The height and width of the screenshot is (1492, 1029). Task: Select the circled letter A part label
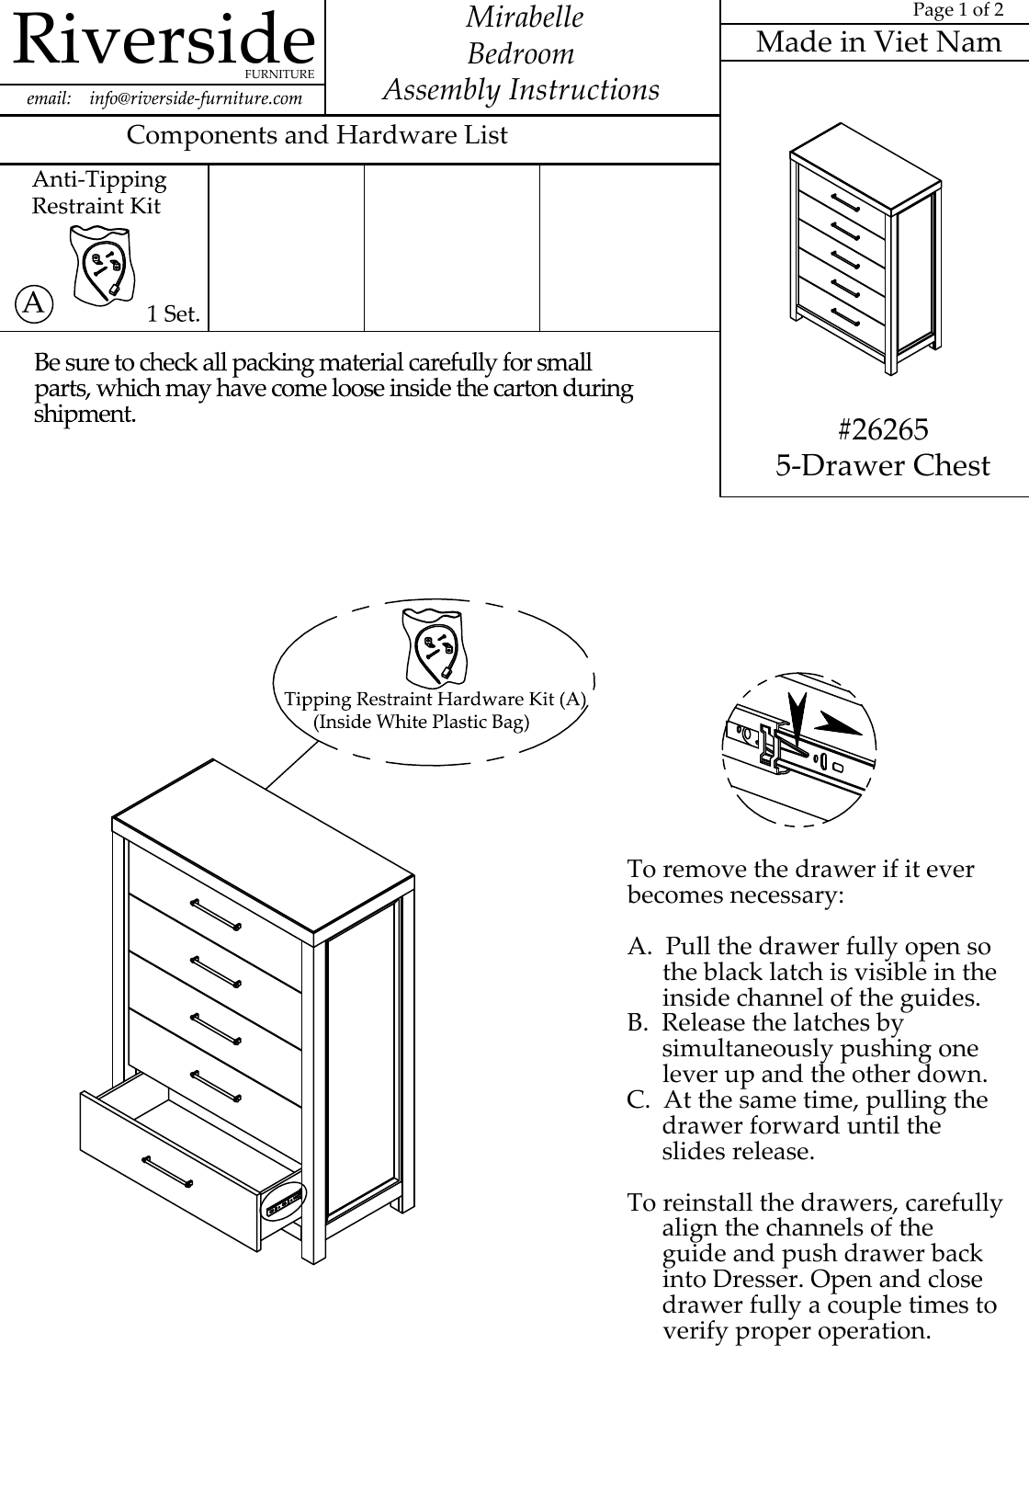click(x=34, y=302)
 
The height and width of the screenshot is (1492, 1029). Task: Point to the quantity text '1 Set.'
click(x=174, y=313)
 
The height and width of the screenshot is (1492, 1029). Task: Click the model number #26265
click(x=883, y=429)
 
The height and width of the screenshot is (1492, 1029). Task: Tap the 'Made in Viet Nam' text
click(x=878, y=42)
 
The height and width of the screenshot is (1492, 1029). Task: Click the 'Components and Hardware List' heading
click(x=317, y=135)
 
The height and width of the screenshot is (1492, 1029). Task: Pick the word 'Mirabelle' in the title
click(x=525, y=17)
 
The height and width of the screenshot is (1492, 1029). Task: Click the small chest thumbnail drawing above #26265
click(x=865, y=248)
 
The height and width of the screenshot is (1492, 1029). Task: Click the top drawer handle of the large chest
click(x=216, y=914)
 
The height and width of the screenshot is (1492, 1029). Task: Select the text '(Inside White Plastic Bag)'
click(x=422, y=722)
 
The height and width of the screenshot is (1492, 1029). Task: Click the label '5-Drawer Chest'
click(x=882, y=466)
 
